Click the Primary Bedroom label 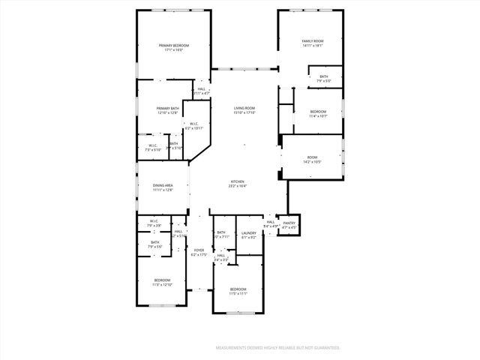(173, 46)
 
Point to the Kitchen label (238, 182)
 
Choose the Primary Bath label (167, 109)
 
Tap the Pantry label (289, 222)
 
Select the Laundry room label (249, 232)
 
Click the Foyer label (199, 250)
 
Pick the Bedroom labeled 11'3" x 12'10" (163, 280)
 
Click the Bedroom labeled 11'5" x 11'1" (238, 289)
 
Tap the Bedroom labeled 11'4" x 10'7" (318, 112)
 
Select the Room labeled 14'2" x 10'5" (312, 157)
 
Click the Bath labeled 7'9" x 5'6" (154, 242)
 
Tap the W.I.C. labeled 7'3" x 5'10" (152, 145)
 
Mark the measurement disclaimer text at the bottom (277, 348)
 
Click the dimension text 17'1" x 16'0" (173, 50)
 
